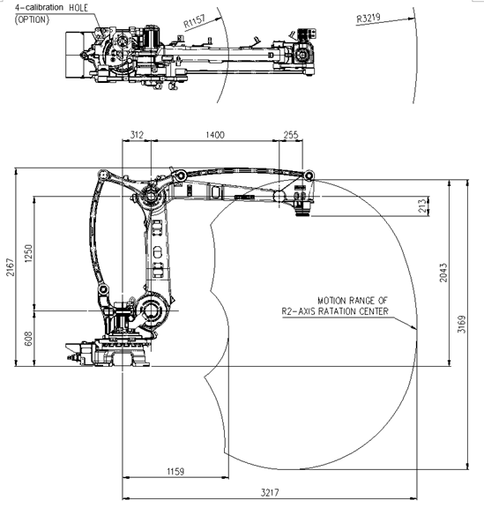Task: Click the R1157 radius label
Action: pos(194,21)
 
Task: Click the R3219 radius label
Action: pos(369,19)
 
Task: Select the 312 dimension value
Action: pos(137,135)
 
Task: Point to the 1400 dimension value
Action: pos(215,135)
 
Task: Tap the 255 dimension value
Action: pos(291,135)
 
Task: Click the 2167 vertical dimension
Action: pos(11,267)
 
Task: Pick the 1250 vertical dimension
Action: pos(28,253)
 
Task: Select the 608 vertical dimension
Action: pos(28,339)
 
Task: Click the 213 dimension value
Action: pos(422,206)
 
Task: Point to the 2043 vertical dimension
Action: pos(443,273)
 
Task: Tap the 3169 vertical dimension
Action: pos(461,324)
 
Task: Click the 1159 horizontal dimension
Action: pos(175,471)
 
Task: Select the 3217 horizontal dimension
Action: pos(270,492)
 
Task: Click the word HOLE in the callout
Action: pos(78,8)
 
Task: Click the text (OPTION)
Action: pos(32,19)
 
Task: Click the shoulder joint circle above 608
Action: pos(152,310)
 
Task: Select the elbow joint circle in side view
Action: pos(151,197)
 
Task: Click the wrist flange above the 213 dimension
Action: pos(302,211)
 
